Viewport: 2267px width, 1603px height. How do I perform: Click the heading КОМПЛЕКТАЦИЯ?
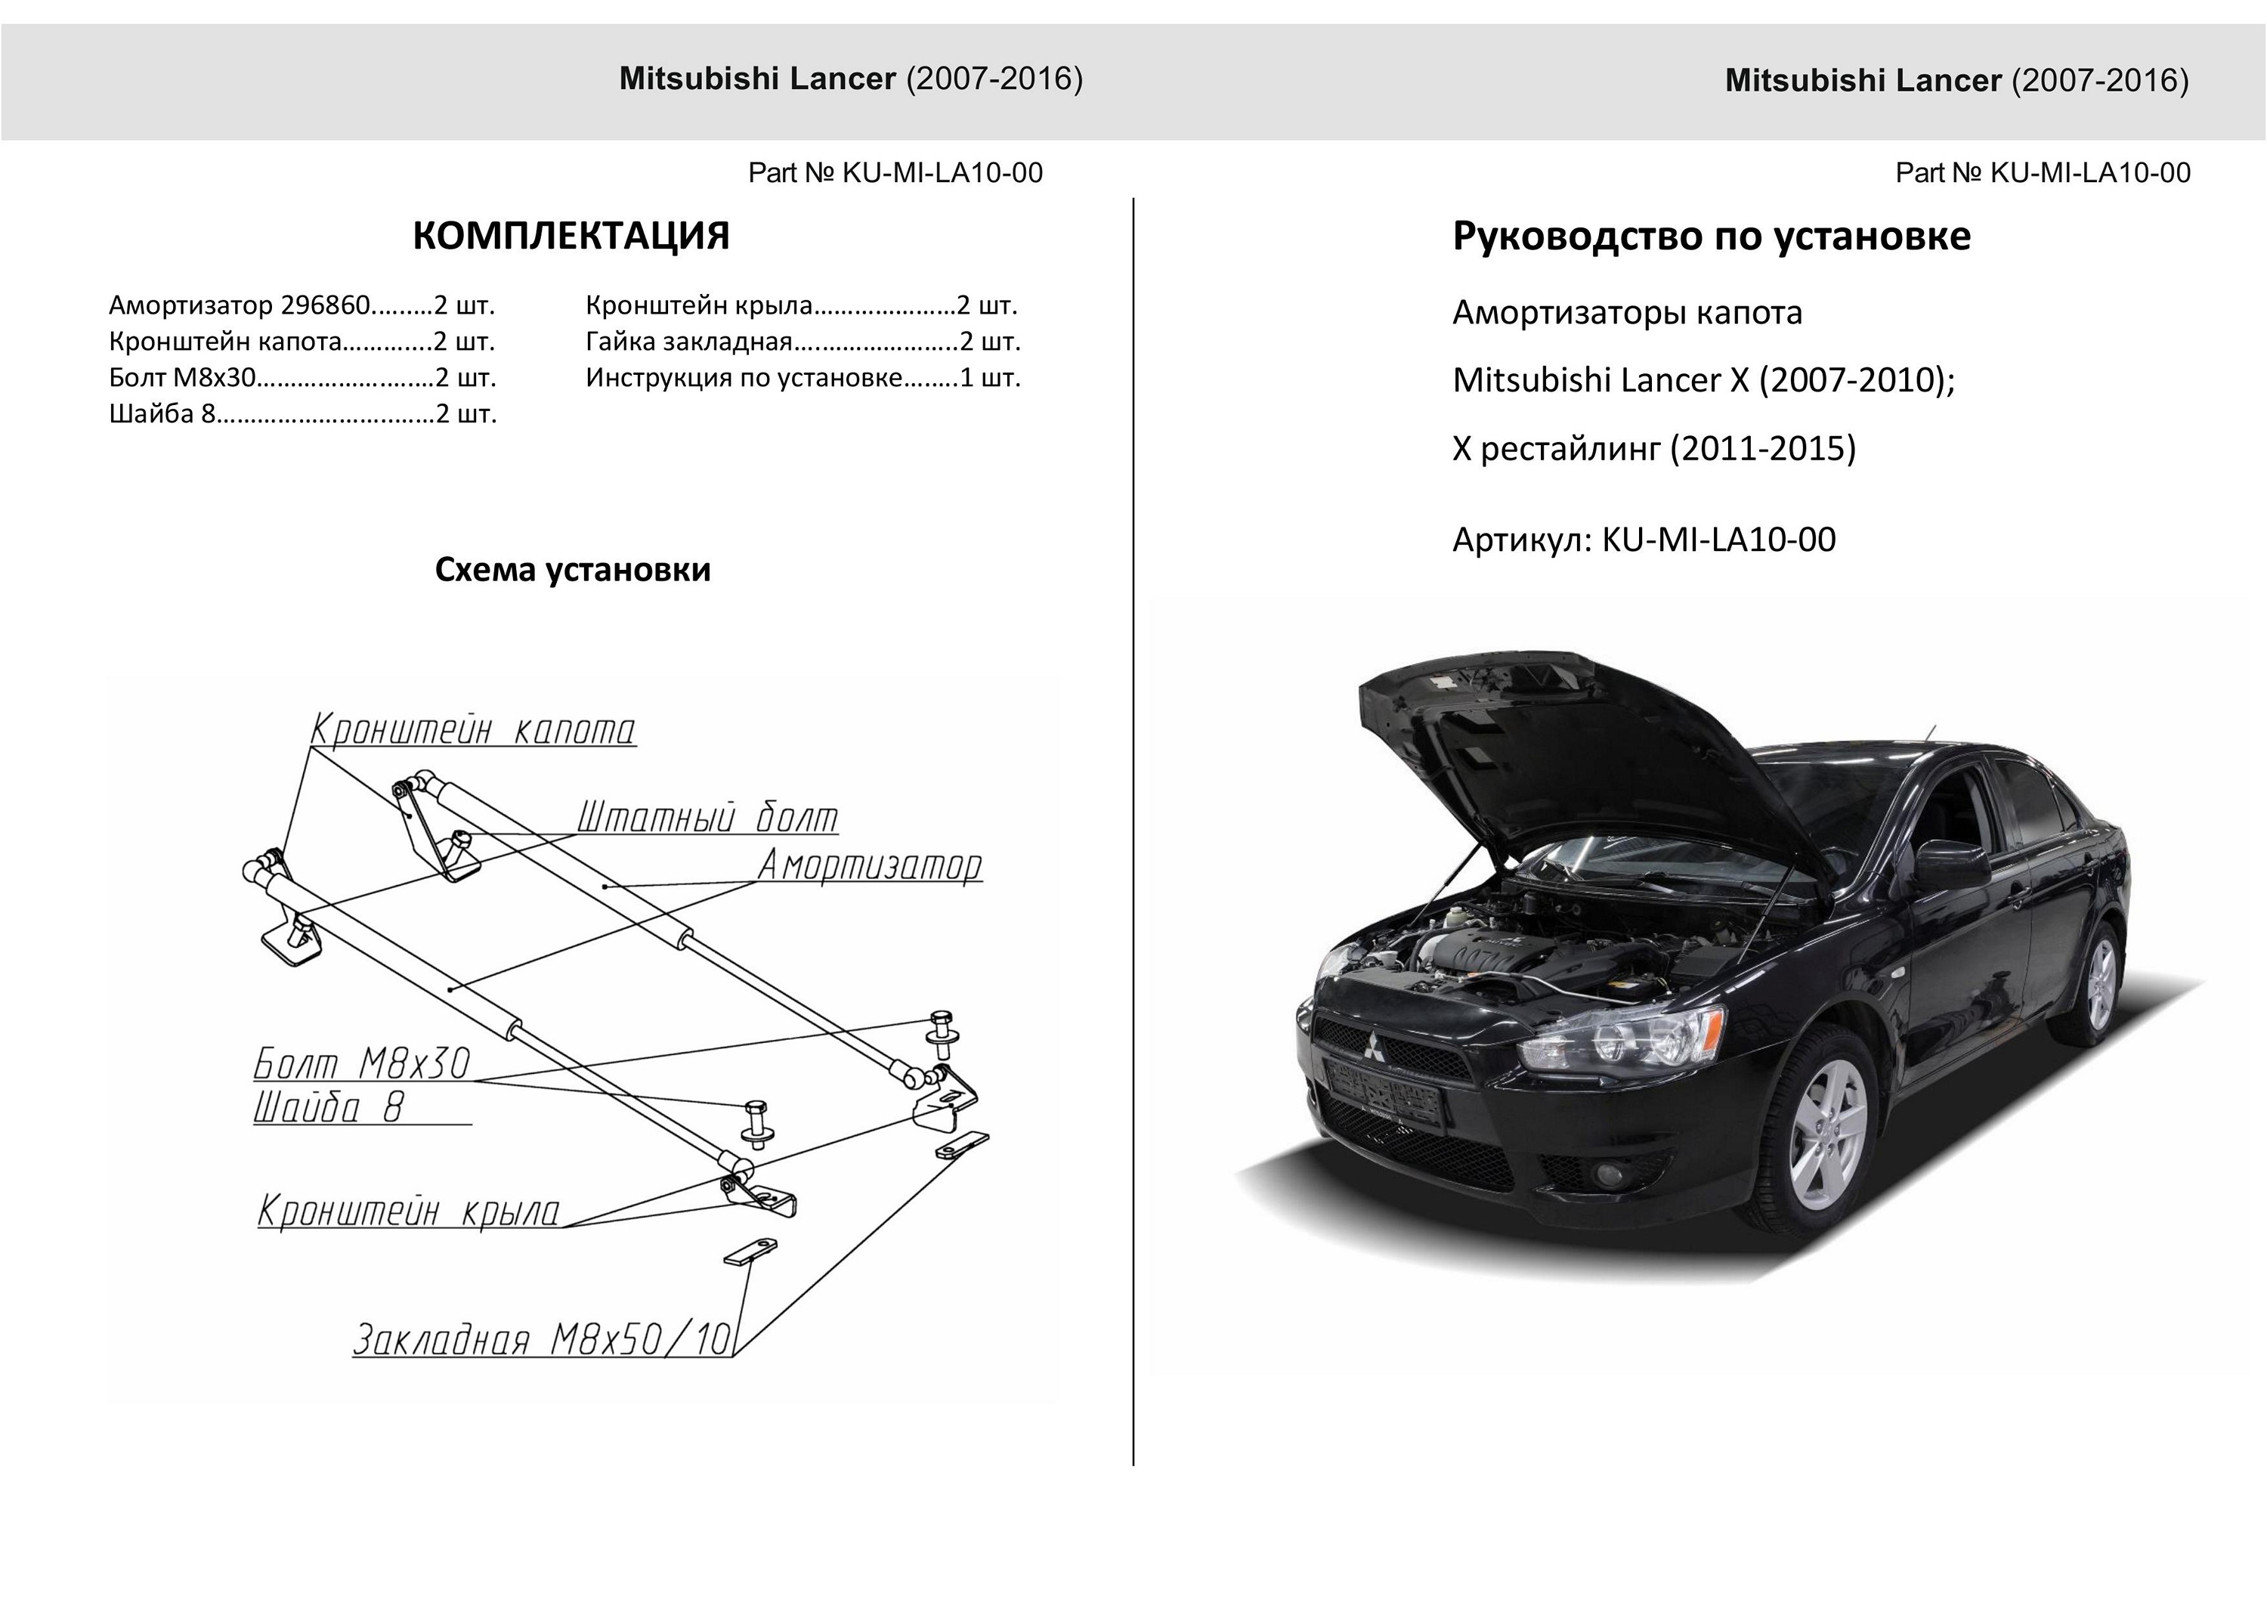click(x=571, y=236)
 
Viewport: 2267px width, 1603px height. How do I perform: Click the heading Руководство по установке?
click(x=1711, y=236)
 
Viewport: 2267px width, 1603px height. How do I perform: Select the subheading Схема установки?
click(x=573, y=570)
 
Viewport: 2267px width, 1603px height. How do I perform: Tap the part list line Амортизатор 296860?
click(x=302, y=305)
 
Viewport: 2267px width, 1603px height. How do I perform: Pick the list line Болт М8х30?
click(x=302, y=377)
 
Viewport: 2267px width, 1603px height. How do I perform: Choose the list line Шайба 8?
click(x=302, y=414)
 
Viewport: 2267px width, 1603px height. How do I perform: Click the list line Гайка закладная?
click(x=802, y=342)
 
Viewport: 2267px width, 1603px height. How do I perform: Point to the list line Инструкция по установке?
click(x=802, y=377)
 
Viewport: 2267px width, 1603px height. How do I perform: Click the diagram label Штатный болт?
click(x=707, y=819)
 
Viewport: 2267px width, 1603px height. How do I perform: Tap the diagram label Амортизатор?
click(x=869, y=865)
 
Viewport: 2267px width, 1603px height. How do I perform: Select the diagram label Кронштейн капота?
click(x=473, y=730)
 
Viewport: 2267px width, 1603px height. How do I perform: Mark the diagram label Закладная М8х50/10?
click(x=542, y=1339)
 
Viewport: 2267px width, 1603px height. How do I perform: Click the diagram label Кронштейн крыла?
click(x=409, y=1211)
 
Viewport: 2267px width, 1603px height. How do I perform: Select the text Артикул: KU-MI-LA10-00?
click(x=1644, y=540)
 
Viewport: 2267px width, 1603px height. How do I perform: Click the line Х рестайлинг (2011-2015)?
click(x=1654, y=448)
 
